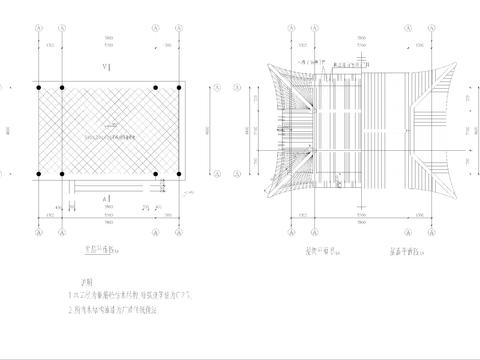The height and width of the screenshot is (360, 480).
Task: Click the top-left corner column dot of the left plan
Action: [39, 90]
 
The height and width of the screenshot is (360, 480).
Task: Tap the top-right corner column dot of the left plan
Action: [184, 90]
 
